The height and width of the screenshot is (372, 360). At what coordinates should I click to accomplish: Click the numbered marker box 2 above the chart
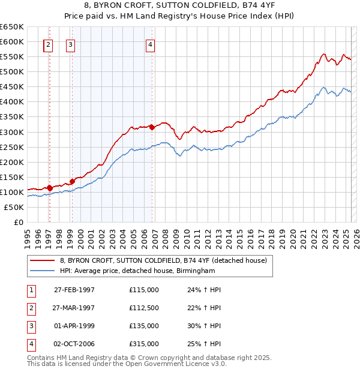click(48, 44)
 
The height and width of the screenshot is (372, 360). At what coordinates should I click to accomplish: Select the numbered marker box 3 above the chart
click(71, 44)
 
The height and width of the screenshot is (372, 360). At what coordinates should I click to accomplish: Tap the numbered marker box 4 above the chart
click(150, 44)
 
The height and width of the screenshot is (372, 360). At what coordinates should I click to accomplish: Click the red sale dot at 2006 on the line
click(152, 127)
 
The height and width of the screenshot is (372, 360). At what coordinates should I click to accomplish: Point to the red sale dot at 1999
click(72, 181)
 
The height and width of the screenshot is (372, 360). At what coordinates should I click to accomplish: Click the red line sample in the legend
click(42, 260)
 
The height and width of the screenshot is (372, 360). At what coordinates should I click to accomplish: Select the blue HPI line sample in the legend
click(42, 271)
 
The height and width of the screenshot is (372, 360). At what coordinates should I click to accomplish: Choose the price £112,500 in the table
click(144, 308)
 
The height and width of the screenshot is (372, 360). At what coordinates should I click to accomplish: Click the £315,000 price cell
click(144, 344)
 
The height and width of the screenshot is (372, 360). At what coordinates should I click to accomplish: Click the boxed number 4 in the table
click(30, 344)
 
